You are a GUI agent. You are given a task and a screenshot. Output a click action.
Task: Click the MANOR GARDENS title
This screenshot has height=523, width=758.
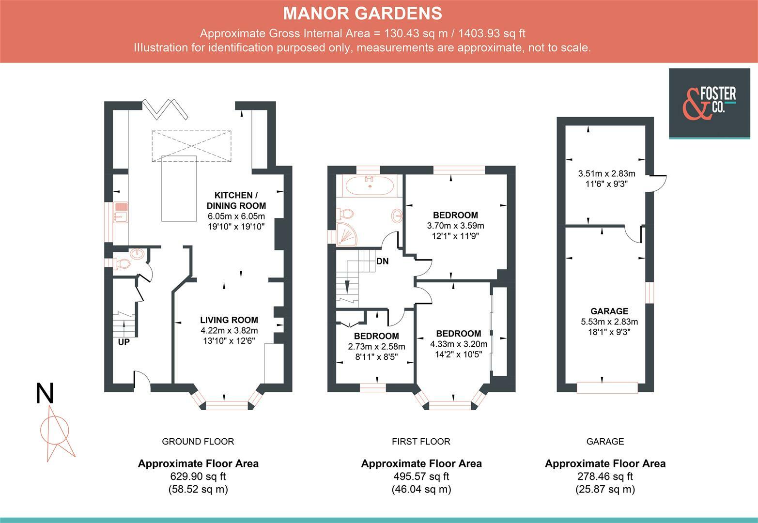coord(362,14)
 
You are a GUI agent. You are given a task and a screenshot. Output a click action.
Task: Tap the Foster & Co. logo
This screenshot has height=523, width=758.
coord(709,104)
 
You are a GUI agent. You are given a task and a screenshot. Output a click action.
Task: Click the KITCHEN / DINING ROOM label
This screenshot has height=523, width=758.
coord(236,200)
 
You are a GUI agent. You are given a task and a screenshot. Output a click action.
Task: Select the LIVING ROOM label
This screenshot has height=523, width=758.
coord(229,320)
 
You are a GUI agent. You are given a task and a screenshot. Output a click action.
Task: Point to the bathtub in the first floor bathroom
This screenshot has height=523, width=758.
coord(369,185)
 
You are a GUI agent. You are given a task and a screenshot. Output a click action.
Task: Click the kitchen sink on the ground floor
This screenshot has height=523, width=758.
coord(121,213)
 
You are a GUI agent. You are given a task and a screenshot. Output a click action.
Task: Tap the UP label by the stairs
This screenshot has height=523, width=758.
coord(124,342)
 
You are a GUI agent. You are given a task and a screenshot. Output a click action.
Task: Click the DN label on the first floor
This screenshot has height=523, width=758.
coord(382,261)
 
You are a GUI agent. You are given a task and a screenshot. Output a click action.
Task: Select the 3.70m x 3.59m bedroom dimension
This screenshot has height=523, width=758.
coord(455,226)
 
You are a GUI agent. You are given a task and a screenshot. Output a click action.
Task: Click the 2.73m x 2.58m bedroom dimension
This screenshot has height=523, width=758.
coord(376,347)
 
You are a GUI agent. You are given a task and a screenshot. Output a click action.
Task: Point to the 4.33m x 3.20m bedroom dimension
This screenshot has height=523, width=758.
coord(459,344)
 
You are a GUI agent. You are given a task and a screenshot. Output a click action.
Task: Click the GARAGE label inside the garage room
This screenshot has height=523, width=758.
coord(609,311)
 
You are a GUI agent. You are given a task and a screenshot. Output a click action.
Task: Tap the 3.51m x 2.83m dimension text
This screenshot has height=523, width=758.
coord(607,173)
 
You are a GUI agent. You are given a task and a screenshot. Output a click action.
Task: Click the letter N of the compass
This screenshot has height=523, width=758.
coord(45,393)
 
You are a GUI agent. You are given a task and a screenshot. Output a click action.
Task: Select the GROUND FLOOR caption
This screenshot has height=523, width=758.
coord(198,442)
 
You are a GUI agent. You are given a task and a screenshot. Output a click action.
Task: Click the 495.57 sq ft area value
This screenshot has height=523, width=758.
coord(421,477)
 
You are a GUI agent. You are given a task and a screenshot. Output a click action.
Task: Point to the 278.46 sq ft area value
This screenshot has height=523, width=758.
coord(605,477)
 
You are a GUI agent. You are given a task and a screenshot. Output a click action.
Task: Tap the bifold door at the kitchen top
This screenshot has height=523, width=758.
coord(165,109)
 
